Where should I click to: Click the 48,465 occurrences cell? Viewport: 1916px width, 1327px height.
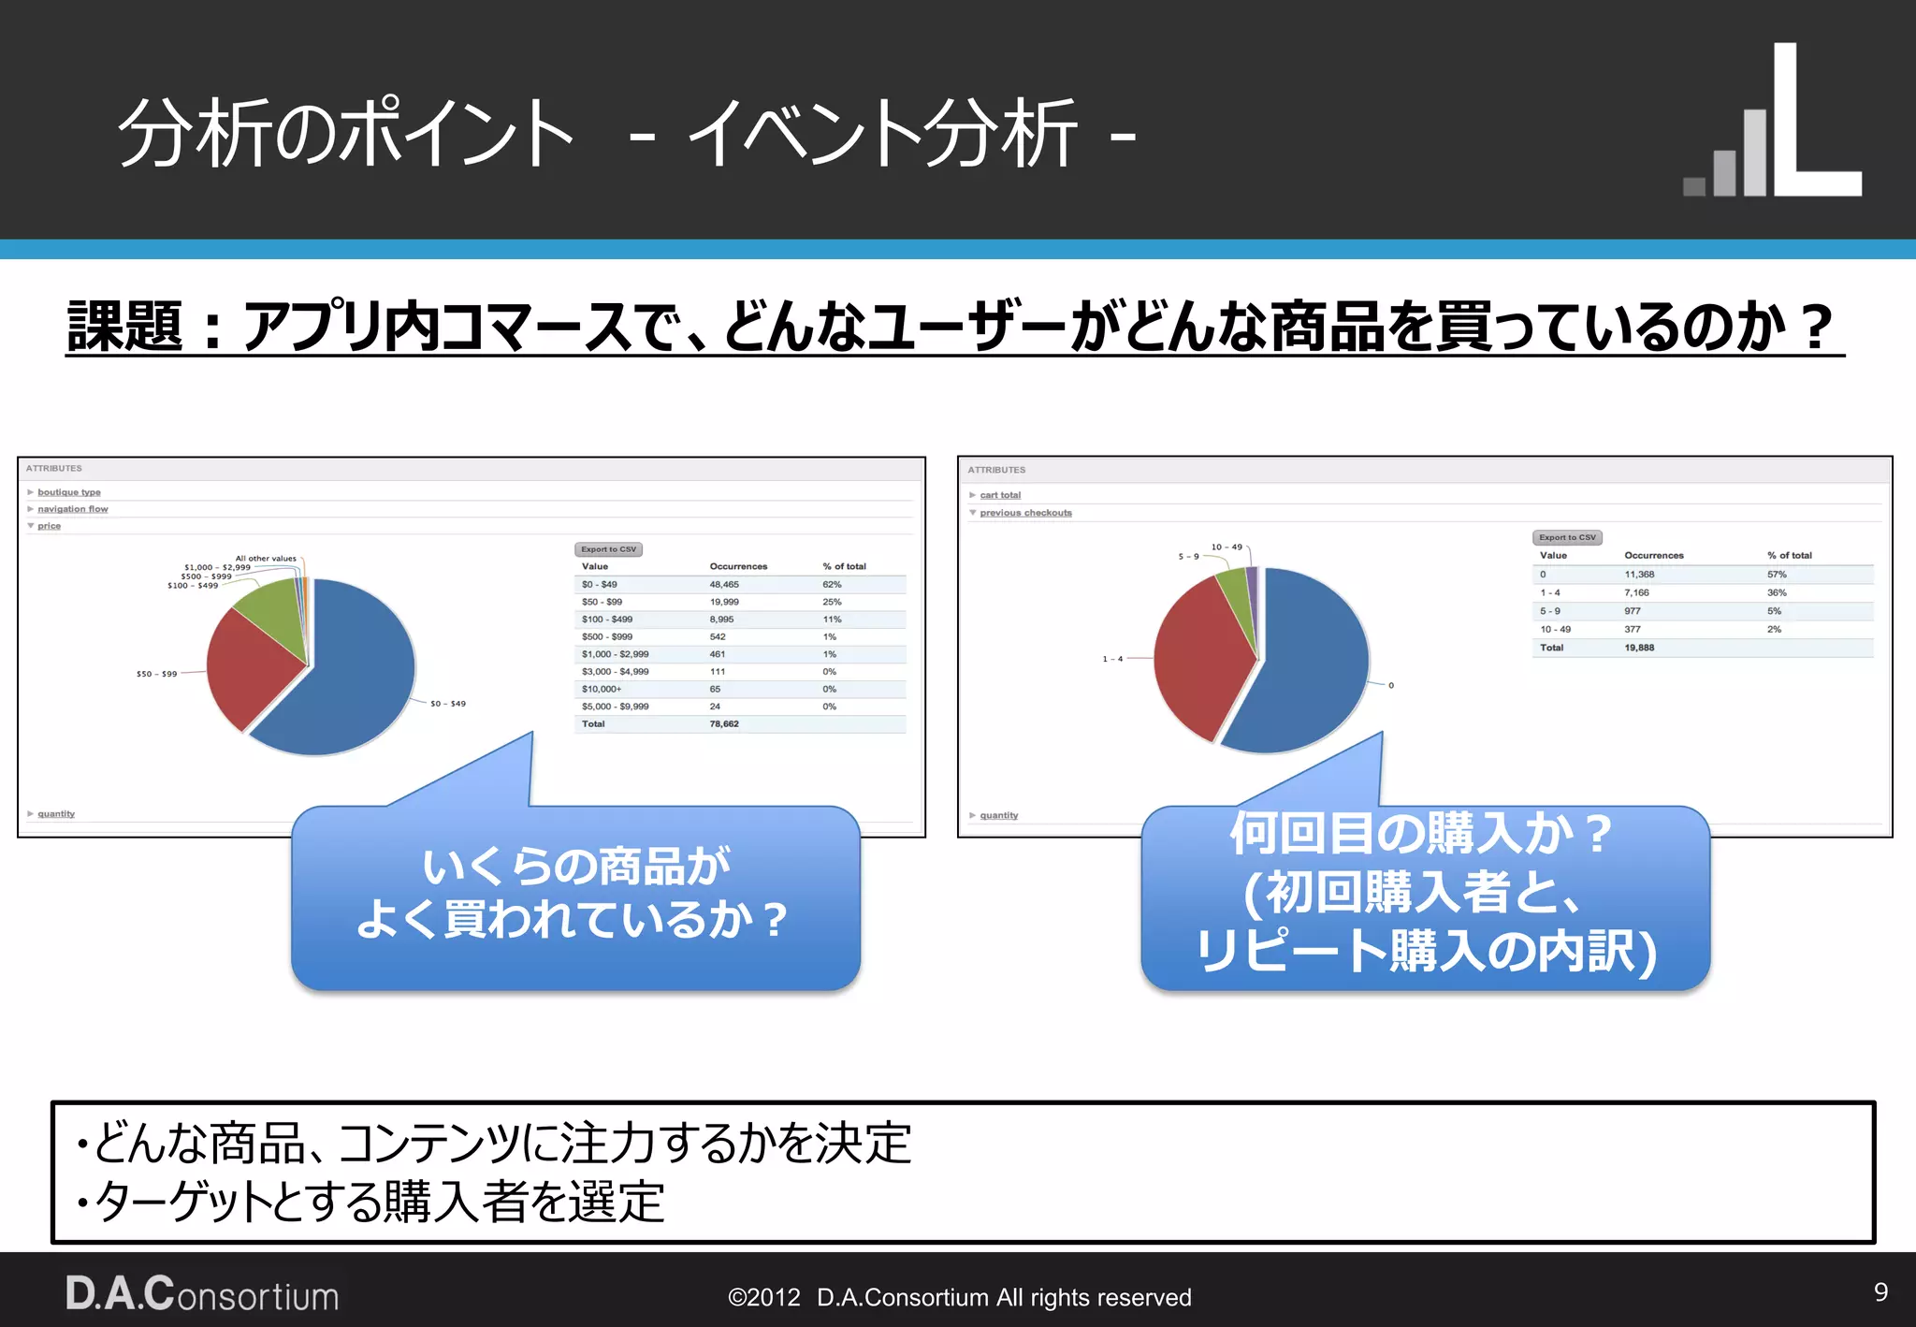coord(724,585)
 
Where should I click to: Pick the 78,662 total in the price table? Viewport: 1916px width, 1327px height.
coord(724,724)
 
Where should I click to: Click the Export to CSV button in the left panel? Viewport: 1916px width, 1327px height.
coord(608,549)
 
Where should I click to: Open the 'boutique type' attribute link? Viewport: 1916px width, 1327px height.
coord(69,492)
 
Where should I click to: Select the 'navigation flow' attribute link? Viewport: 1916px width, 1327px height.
coord(73,509)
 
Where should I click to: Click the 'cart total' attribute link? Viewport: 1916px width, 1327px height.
coord(1000,495)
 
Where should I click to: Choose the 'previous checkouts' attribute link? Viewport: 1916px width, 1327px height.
coord(1025,513)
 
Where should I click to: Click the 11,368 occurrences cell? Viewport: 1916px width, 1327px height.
coord(1639,575)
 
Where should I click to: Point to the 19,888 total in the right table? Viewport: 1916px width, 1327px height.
coord(1639,648)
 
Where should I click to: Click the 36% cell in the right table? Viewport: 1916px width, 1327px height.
coord(1777,592)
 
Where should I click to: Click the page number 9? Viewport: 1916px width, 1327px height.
coord(1880,1292)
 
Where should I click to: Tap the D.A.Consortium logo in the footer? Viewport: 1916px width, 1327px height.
coord(202,1295)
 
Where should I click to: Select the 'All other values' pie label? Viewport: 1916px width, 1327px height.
coord(266,559)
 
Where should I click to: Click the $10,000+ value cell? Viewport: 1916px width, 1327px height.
coord(602,689)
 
